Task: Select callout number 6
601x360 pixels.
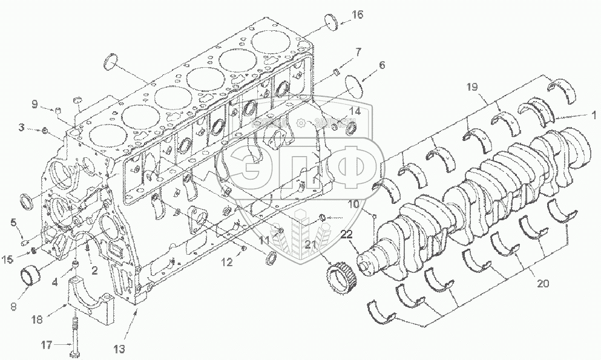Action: (381, 64)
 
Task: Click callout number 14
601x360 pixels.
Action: (355, 111)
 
